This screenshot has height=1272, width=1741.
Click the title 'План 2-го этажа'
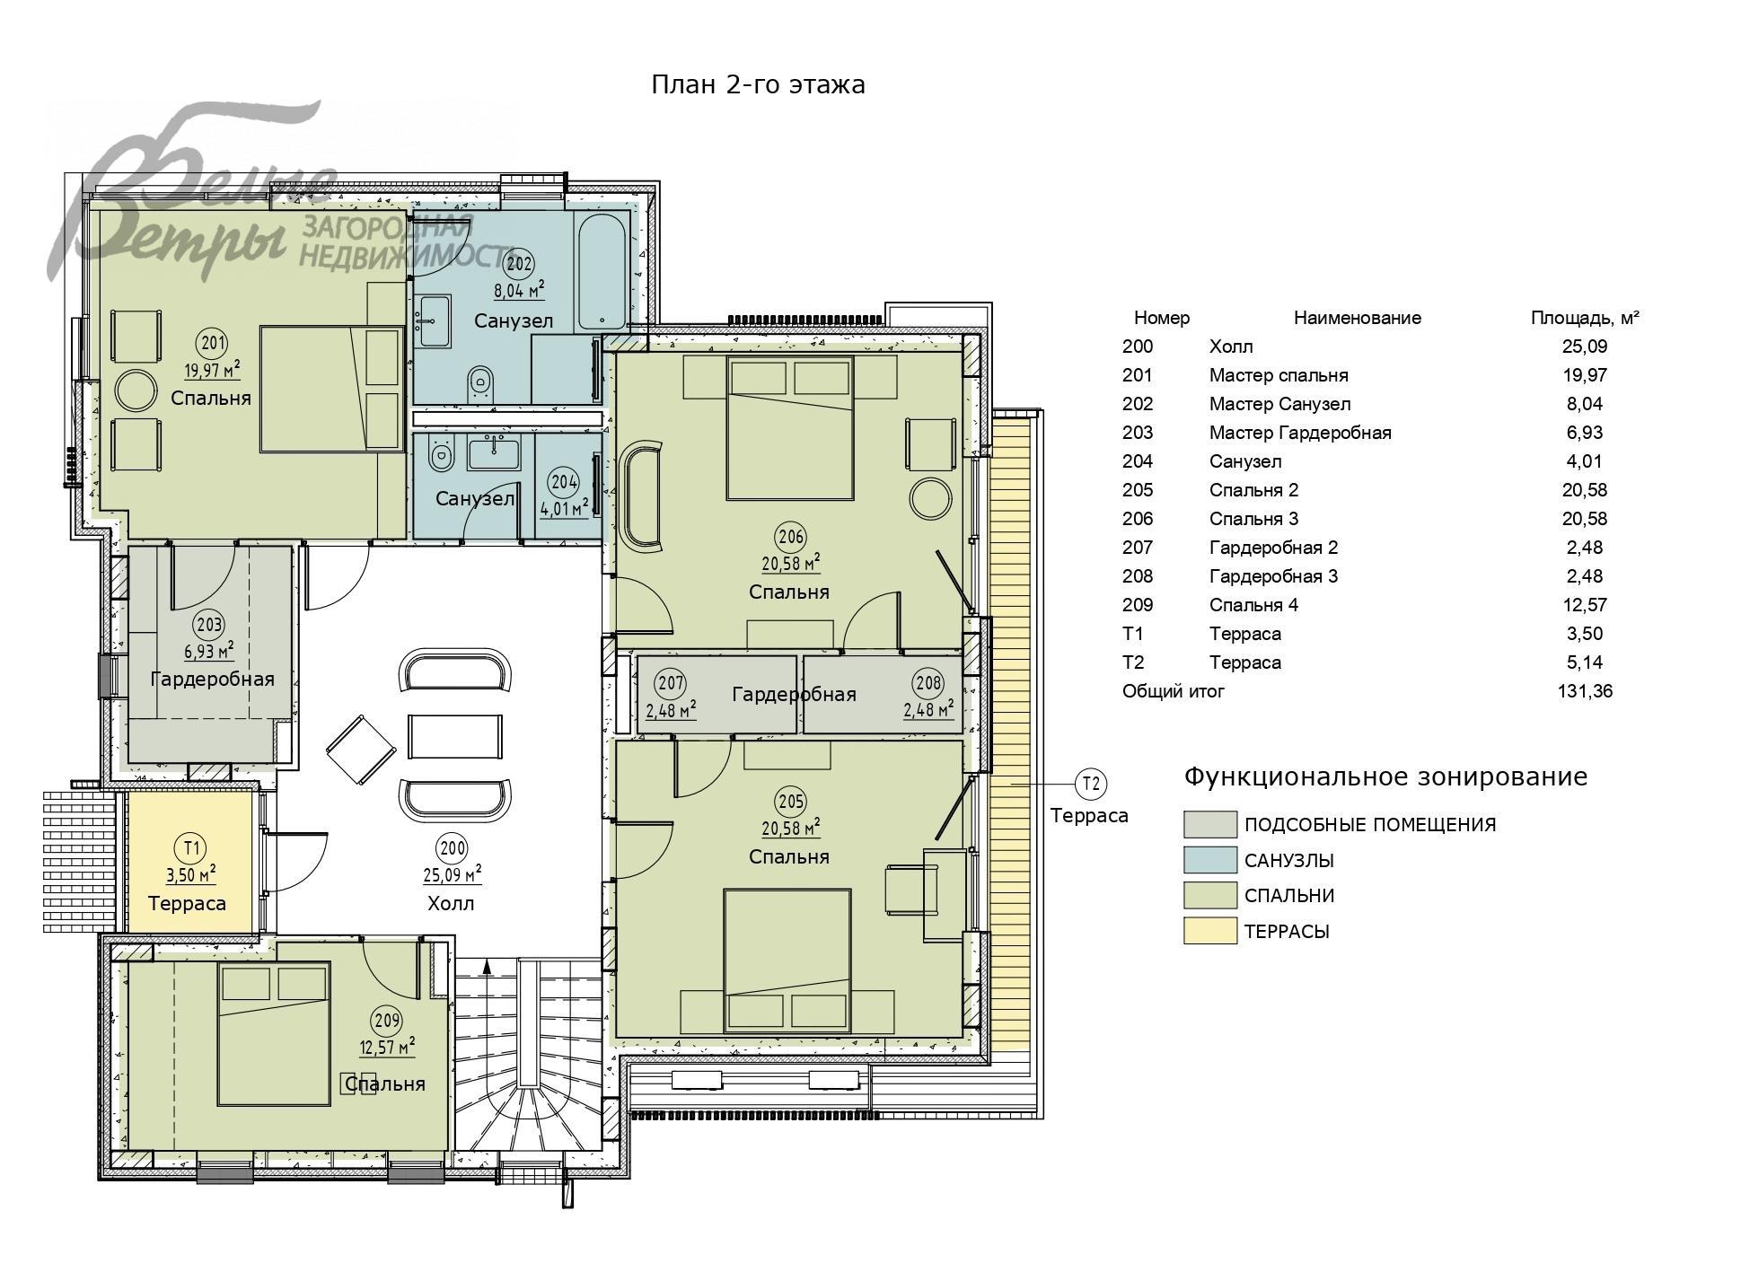pos(758,84)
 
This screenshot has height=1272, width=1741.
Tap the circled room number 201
pos(213,343)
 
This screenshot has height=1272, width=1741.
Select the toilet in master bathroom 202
pos(480,383)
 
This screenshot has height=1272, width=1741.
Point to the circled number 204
pos(564,482)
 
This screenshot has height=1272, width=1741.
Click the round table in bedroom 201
pos(136,390)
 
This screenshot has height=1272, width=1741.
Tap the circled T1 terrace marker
pos(191,847)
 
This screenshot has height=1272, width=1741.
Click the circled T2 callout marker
pos(1091,784)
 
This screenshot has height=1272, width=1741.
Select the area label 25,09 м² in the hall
pos(452,873)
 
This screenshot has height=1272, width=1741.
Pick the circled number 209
pos(387,1021)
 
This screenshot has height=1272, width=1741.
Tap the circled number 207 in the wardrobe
pos(671,683)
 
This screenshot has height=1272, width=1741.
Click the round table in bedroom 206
pos(930,498)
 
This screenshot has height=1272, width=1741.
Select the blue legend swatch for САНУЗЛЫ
pos(1210,860)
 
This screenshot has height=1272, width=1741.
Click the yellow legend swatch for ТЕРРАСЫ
pos(1210,931)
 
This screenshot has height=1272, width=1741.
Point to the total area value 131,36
pos(1585,691)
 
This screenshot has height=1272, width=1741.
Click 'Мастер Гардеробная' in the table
pos(1300,433)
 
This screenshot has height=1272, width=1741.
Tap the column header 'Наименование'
pos(1358,318)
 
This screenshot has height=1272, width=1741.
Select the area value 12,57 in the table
pos(1585,605)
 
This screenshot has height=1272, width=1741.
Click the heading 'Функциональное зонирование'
pos(1385,776)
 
